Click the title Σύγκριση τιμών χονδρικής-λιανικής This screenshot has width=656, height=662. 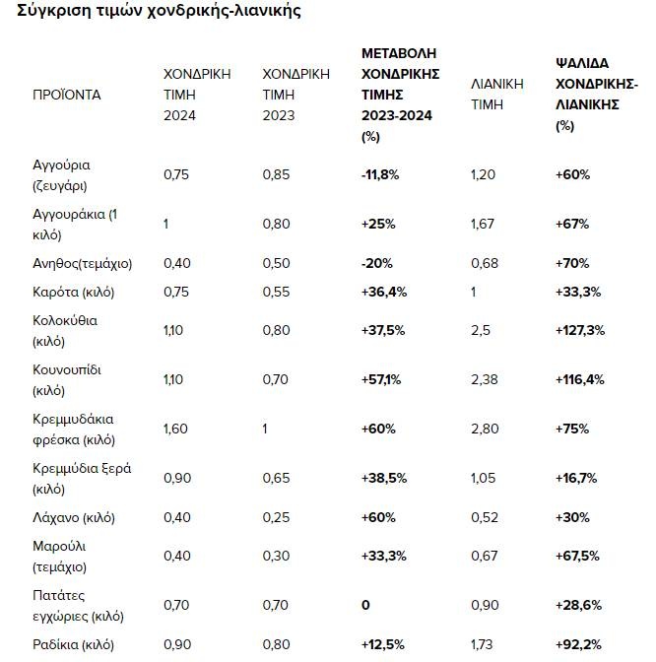[x=153, y=12]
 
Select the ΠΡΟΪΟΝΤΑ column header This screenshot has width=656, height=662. [x=67, y=95]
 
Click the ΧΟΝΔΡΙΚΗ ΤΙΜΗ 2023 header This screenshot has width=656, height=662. [x=295, y=95]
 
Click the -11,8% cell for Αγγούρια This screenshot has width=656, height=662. [x=380, y=174]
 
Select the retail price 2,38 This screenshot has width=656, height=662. [x=487, y=379]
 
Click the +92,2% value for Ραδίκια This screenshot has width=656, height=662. [x=578, y=644]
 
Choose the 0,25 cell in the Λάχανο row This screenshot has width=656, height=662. [x=277, y=516]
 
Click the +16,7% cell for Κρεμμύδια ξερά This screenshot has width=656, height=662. [x=577, y=478]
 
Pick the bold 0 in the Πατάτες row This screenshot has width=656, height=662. [x=365, y=605]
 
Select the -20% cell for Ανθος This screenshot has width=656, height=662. [x=375, y=263]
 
